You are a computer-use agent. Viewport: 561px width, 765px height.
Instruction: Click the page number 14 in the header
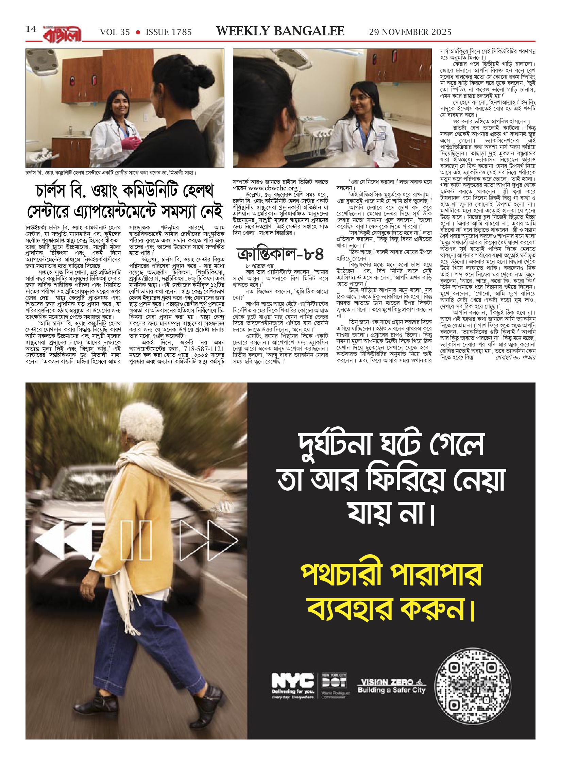coord(31,29)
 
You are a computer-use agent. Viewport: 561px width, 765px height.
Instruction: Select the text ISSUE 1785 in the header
coord(169,32)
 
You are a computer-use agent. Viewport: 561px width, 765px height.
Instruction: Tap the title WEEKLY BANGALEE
coord(280,31)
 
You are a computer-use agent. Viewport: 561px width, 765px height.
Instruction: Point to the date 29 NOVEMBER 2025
coord(410,32)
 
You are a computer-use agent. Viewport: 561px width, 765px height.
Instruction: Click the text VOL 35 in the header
coord(115,32)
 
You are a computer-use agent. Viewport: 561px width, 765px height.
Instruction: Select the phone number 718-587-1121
coord(204,349)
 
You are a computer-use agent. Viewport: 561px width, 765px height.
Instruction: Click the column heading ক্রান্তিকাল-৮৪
coord(280,254)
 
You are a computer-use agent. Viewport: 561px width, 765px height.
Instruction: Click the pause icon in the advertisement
coord(136,540)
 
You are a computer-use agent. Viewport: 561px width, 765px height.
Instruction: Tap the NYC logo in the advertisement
coord(292,680)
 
